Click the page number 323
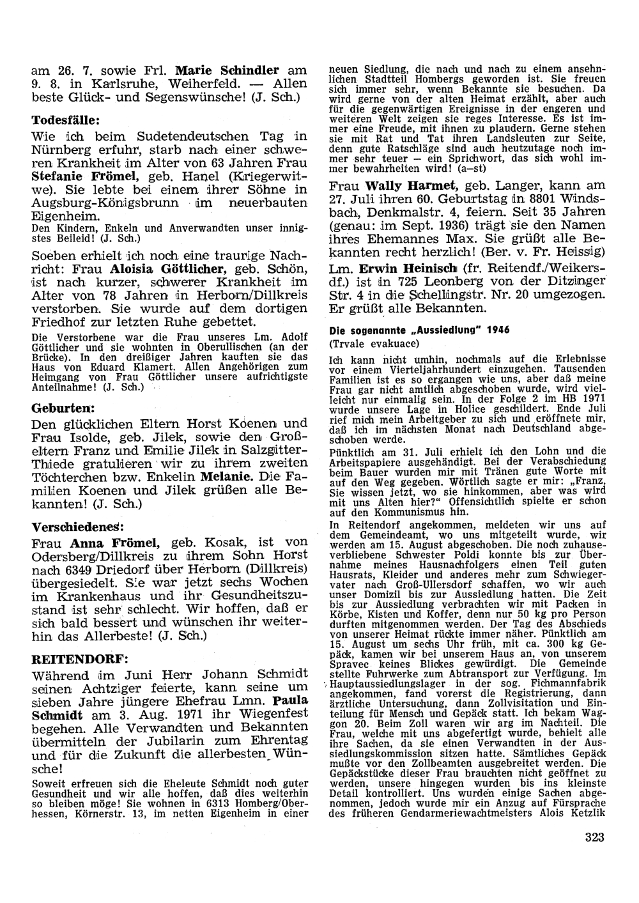point(594,838)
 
